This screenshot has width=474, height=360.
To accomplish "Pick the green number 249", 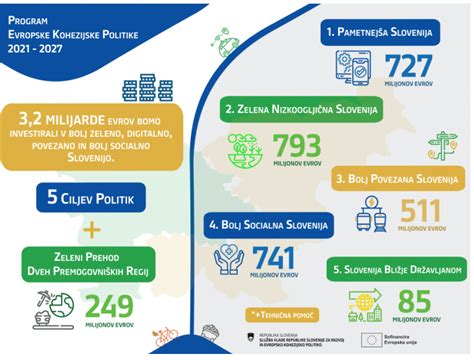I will click(x=106, y=304).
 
